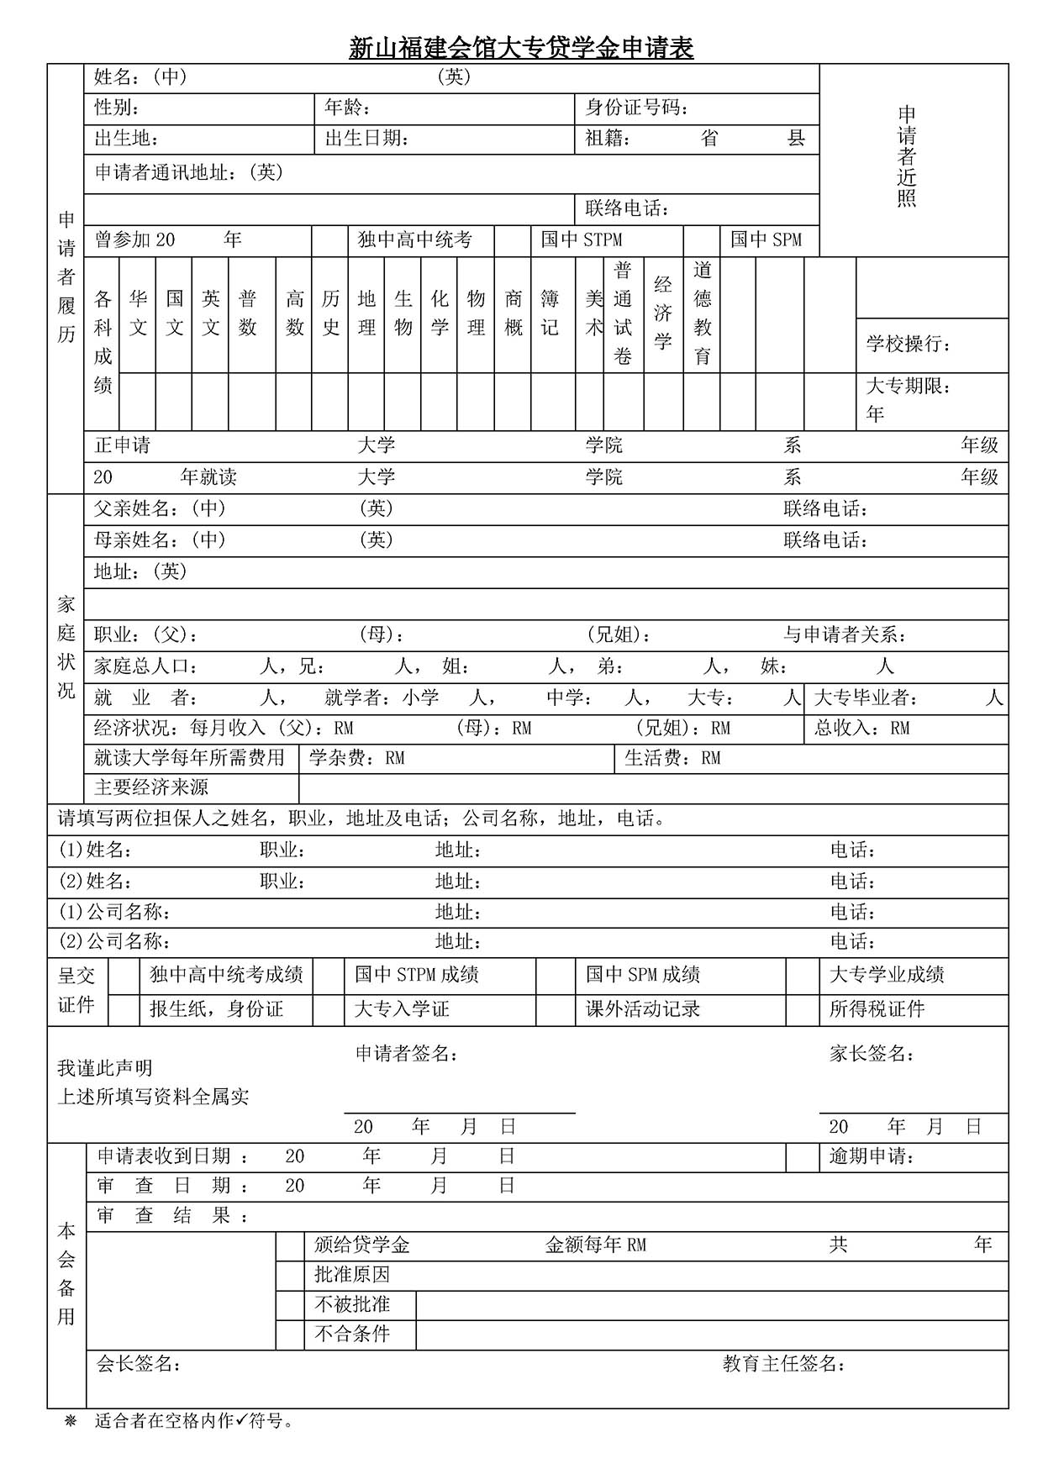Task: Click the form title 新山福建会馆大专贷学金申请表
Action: coord(521,48)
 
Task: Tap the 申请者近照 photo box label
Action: coord(907,157)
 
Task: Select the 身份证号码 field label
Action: coord(637,108)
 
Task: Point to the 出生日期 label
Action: coord(366,139)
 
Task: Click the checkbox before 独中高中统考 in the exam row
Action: coord(329,240)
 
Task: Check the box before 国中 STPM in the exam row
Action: coord(512,240)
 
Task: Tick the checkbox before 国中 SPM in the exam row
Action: coord(702,240)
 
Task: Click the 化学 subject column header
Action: coord(440,313)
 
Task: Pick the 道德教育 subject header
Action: coord(703,313)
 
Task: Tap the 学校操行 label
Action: coord(909,344)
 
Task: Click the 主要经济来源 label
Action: coord(151,788)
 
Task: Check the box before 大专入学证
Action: coord(329,1009)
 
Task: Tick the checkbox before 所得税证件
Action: coord(803,1009)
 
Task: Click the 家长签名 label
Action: coord(872,1054)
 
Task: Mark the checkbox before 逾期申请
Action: coord(803,1157)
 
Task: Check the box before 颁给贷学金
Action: coord(290,1246)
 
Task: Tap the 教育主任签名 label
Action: coord(783,1364)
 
